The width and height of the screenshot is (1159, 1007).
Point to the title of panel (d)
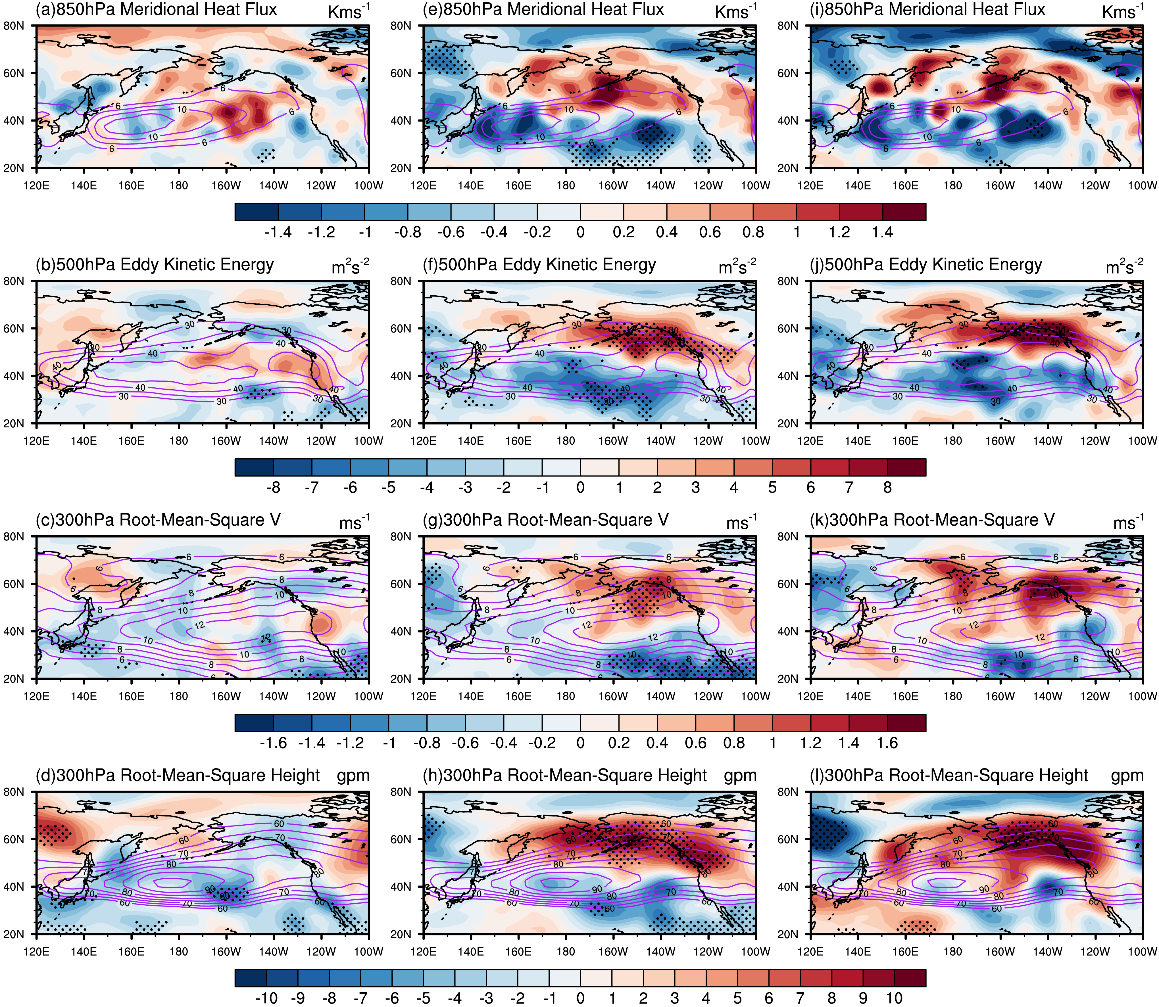178,776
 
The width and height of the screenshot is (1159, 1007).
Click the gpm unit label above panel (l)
1127,776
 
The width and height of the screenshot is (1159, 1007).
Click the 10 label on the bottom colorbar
894,998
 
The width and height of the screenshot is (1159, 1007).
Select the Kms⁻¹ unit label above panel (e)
735,11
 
